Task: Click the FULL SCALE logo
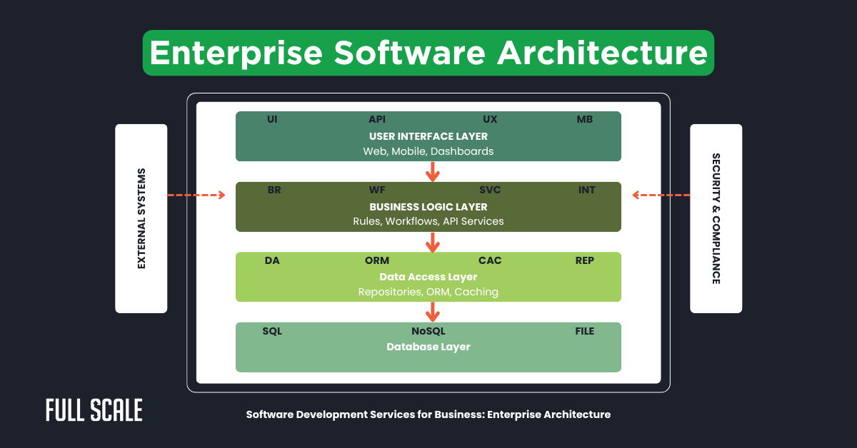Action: tap(94, 410)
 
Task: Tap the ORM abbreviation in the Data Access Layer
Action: tap(377, 260)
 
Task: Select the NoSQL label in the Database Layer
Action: tap(428, 331)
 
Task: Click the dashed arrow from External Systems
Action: tap(196, 194)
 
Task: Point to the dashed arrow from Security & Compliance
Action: tap(661, 194)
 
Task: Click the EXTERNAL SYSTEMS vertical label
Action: tap(141, 218)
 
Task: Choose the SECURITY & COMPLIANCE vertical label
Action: tap(716, 218)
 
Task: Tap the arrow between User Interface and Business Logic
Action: tap(431, 171)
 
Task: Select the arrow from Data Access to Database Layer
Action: tap(431, 312)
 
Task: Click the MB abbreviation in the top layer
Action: tap(584, 119)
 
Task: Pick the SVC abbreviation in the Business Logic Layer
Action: tap(490, 190)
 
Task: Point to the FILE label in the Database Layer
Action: tap(584, 331)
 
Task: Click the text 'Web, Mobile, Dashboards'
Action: tap(428, 151)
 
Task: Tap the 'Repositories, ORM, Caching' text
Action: tap(428, 292)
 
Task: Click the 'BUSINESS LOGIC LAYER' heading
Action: tap(428, 207)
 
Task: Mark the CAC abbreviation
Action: tap(490, 260)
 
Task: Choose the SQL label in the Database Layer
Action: tap(272, 331)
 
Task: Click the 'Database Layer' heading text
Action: tap(428, 347)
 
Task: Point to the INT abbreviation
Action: tap(586, 190)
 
